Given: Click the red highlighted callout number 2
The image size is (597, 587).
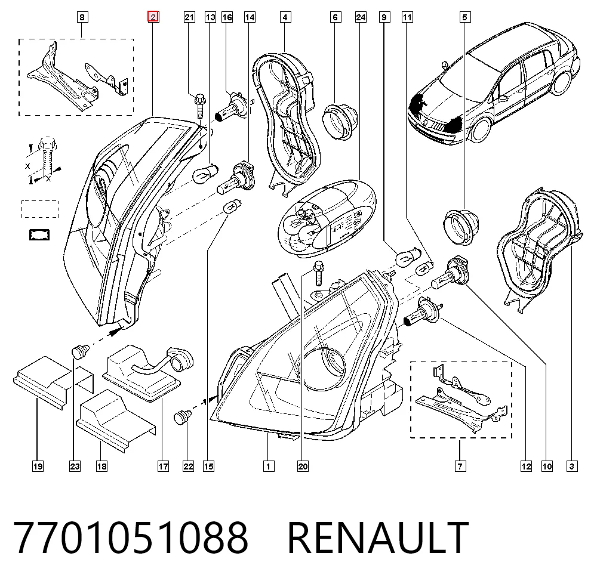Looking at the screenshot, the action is tap(153, 17).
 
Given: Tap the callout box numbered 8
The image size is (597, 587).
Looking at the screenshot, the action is tap(82, 17).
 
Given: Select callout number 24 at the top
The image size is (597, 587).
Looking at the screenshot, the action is tap(361, 17).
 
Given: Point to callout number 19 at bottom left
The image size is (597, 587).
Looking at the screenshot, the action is tap(38, 466).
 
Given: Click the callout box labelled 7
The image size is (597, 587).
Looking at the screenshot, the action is tap(460, 466).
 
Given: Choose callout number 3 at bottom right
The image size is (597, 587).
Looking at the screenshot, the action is tap(571, 466).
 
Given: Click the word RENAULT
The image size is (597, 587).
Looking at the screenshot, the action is tap(378, 537).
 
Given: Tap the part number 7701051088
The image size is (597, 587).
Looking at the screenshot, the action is tap(131, 537).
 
